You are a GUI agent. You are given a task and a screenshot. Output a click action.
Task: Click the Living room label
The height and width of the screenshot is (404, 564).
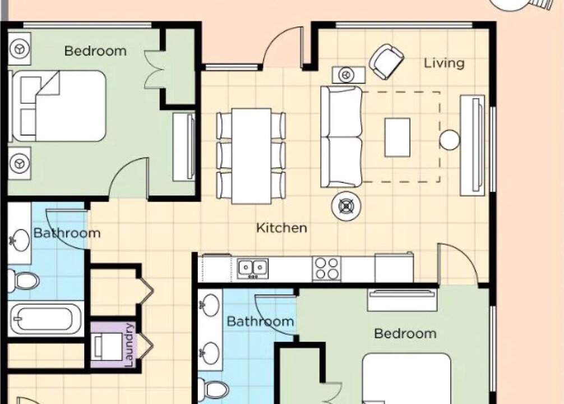pos(444,63)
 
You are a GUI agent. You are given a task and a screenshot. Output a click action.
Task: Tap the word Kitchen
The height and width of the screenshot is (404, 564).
pos(281,228)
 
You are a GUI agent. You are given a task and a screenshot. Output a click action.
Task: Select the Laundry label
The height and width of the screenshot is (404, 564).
pos(129,345)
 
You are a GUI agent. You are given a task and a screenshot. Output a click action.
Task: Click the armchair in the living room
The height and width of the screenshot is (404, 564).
pos(386,62)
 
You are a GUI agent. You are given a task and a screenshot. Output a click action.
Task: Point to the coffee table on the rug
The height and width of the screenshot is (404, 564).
pos(397,137)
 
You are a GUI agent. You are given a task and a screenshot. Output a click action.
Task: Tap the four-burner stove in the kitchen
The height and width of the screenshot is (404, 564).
pos(327,269)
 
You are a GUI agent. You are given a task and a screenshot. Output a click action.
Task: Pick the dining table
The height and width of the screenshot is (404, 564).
pos(251,156)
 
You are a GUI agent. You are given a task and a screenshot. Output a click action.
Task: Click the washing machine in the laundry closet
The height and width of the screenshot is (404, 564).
pos(107,347)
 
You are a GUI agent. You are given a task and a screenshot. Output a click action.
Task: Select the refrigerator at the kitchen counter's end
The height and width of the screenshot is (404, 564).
pos(394,268)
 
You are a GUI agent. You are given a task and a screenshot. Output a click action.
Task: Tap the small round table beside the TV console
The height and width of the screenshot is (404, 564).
pos(450,140)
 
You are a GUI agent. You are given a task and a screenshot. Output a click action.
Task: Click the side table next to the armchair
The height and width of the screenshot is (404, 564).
pos(349,75)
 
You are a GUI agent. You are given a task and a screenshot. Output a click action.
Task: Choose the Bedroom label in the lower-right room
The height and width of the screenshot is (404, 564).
pos(405,333)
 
